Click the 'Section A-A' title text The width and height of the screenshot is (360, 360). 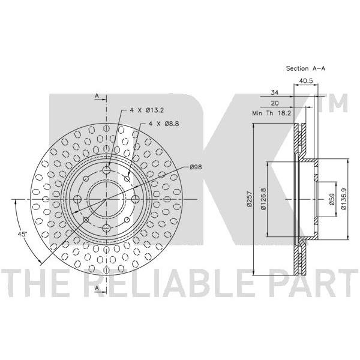click(305, 68)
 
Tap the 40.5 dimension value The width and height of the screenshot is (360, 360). click(305, 80)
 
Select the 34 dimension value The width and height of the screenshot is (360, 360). click(275, 92)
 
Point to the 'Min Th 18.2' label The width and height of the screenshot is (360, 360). click(272, 113)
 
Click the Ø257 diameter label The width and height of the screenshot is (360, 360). click(250, 199)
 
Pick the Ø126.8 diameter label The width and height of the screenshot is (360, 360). click(263, 199)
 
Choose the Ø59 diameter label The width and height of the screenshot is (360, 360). click(332, 199)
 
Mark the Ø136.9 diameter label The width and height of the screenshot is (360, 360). click(343, 199)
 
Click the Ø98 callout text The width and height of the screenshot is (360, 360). click(196, 167)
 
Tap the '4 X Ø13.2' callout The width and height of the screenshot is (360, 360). click(147, 110)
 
